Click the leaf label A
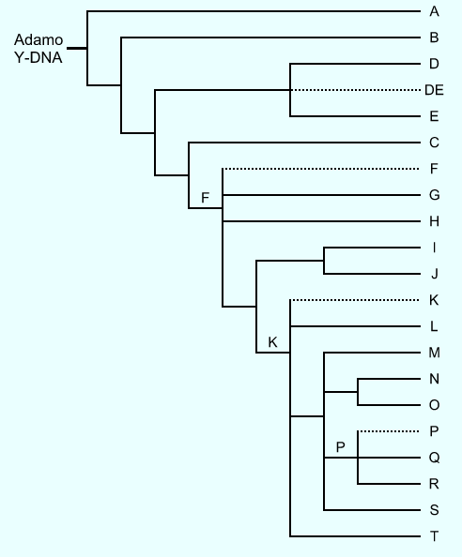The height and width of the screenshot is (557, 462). pos(434,12)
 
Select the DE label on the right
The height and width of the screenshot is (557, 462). pos(434,90)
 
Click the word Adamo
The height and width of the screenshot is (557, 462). pos(38,39)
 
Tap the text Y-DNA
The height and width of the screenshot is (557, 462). pos(38,57)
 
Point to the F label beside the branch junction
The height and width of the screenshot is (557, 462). pos(205,198)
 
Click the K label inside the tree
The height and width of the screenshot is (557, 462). pos(272,342)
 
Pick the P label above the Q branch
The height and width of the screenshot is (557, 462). pos(340,447)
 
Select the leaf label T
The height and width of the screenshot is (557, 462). pos(434,536)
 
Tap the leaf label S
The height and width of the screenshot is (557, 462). pos(434,510)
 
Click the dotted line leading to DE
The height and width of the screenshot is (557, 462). pos(355,90)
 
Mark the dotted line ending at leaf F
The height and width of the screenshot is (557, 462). pos(321,169)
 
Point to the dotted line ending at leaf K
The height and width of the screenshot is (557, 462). pos(355,300)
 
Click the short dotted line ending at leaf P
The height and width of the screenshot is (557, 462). pos(389,431)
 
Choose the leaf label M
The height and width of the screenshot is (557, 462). pos(434,353)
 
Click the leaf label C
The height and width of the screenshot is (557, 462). pos(434,143)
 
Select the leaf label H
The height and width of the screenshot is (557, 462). pos(434,221)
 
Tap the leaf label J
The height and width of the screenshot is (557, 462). pos(434,274)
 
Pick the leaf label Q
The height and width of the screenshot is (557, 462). pos(434,458)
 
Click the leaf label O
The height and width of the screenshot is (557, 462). pos(434,405)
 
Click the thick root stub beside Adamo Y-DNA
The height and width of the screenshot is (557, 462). pos(77,49)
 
